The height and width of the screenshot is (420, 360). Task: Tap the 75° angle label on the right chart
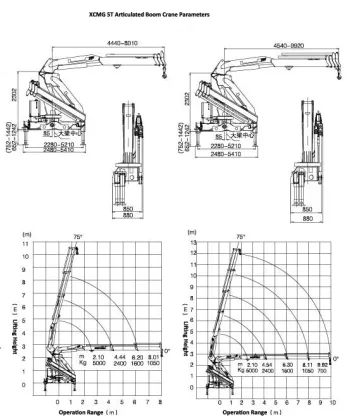238,237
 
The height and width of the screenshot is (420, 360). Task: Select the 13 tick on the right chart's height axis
194,243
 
